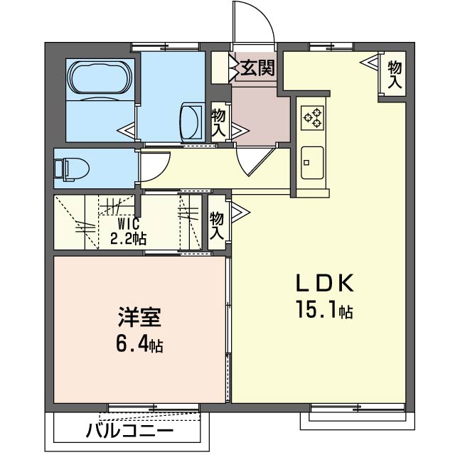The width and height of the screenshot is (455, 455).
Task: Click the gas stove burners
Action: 313,117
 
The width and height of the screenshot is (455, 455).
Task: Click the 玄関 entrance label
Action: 256,68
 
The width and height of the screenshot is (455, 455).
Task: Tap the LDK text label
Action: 324,284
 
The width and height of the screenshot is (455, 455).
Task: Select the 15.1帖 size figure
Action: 324,310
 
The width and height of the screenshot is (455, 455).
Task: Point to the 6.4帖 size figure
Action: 140,346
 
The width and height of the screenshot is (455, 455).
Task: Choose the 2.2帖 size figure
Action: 129,238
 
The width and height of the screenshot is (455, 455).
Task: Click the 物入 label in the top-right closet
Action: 394,73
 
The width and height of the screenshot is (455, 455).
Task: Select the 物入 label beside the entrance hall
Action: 218,122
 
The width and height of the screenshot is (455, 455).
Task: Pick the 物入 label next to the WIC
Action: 216,226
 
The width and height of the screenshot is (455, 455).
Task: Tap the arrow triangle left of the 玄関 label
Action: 233,69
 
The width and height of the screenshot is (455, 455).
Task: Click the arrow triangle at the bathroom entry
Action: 127,132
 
